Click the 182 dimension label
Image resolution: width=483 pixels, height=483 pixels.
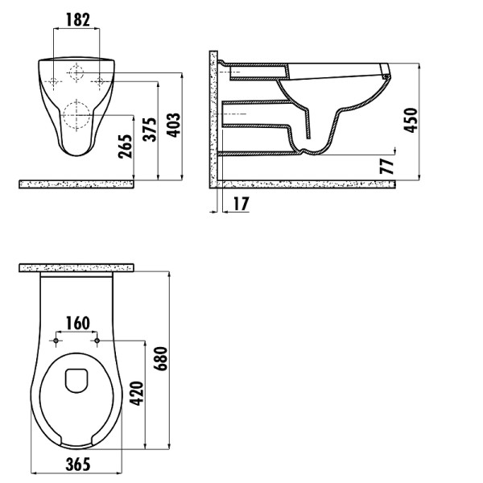point(78,19)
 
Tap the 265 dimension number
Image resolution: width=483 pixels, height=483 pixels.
point(126,147)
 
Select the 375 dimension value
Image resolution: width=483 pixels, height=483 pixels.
point(150,129)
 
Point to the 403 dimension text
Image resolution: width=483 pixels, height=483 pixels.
point(173,125)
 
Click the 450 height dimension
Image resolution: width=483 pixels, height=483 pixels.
point(411,120)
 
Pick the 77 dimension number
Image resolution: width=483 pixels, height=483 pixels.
point(387,167)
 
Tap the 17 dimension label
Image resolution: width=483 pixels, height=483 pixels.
point(241,204)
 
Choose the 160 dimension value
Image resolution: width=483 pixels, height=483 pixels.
point(78,323)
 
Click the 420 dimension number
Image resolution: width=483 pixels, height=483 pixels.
point(137,394)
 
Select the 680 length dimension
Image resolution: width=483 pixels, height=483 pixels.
point(161,358)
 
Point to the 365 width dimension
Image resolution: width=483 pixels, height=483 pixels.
point(78,464)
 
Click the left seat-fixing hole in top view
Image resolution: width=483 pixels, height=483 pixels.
point(56,341)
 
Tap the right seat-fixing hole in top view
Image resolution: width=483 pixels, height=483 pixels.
point(97,341)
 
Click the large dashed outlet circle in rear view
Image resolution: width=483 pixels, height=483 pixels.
point(76,115)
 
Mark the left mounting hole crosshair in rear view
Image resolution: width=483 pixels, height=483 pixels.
point(54,81)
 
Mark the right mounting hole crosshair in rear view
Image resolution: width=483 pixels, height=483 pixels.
point(100,81)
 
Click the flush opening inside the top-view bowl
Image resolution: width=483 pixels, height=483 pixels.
point(77,381)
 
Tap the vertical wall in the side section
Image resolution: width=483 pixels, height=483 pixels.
point(213,119)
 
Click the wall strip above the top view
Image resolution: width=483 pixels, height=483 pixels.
point(76,268)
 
